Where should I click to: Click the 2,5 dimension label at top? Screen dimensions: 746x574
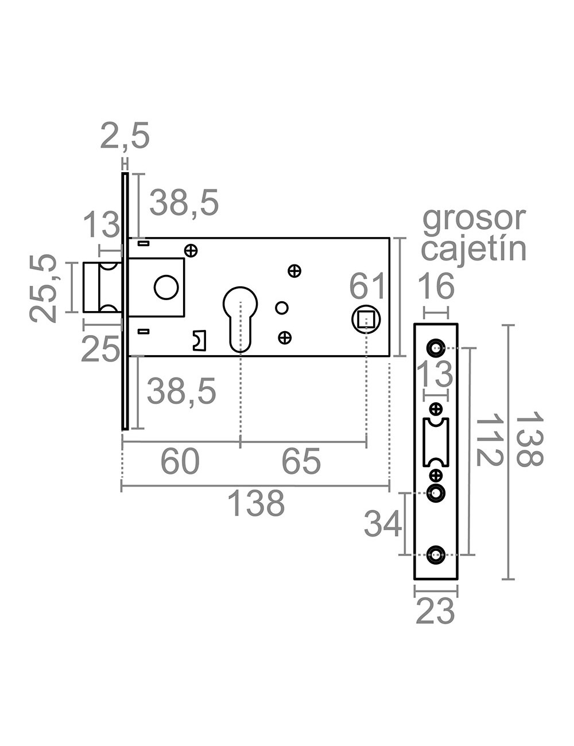coord(125,136)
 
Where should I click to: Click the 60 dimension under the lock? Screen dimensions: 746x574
coord(180,461)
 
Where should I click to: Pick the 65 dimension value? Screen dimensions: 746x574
coord(302,461)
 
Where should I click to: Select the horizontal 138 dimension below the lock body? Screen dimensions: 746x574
coord(256,503)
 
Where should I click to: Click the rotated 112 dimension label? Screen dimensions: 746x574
coord(490,442)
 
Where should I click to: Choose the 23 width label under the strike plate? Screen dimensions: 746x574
coord(435,612)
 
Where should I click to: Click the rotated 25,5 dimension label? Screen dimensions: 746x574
coord(44,287)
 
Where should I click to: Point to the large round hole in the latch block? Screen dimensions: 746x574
coord(166,287)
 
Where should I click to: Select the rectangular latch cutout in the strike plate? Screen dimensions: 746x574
coord(436,442)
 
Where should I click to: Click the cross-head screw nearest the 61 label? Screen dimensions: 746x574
coord(294,271)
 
